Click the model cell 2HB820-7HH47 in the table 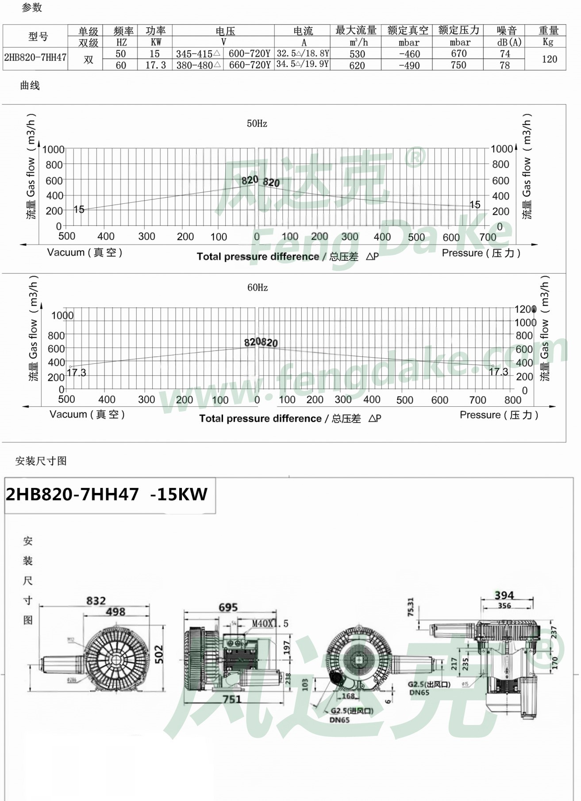click(x=35, y=58)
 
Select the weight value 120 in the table click(x=549, y=59)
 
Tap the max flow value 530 click(x=357, y=54)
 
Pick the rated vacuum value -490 click(x=409, y=65)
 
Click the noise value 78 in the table click(x=505, y=65)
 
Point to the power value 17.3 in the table click(x=156, y=65)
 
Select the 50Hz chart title click(x=257, y=124)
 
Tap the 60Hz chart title click(x=258, y=288)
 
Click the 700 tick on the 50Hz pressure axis click(x=488, y=237)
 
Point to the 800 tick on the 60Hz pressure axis click(x=513, y=400)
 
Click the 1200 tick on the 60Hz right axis click(x=525, y=309)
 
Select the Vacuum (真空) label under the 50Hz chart click(x=85, y=252)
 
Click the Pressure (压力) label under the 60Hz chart click(x=499, y=415)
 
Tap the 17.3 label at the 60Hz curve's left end click(x=77, y=373)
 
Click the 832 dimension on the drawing click(x=96, y=601)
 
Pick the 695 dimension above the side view click(x=228, y=607)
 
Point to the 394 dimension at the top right click(x=504, y=595)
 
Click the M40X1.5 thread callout click(x=270, y=623)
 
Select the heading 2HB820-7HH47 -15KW click(x=107, y=494)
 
